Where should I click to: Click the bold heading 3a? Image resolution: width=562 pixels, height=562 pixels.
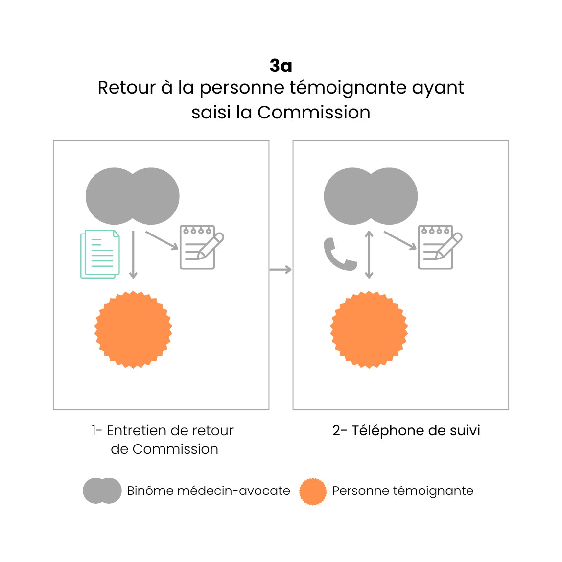[x=281, y=66]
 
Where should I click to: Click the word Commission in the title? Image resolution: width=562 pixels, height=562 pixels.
[x=314, y=113]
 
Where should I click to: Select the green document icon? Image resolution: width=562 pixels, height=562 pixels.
[x=100, y=254]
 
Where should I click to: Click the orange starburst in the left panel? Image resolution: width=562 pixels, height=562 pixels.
[x=133, y=329]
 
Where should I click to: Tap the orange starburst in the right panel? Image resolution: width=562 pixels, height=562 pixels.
[x=369, y=329]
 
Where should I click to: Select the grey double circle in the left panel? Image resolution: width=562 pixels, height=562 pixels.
[x=132, y=196]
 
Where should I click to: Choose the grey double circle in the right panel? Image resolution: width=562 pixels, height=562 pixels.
[x=371, y=196]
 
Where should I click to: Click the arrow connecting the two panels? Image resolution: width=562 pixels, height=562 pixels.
[x=281, y=269]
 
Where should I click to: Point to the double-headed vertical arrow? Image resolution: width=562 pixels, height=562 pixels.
[x=369, y=255]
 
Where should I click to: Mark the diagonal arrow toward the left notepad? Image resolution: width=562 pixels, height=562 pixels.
[x=162, y=240]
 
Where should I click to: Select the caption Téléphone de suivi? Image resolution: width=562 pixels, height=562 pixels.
[x=406, y=431]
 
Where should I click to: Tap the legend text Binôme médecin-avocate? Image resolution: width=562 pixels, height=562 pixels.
[x=209, y=491]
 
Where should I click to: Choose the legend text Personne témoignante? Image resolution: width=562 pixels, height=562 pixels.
[x=402, y=491]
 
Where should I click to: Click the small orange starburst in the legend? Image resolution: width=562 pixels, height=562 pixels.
[x=313, y=492]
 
